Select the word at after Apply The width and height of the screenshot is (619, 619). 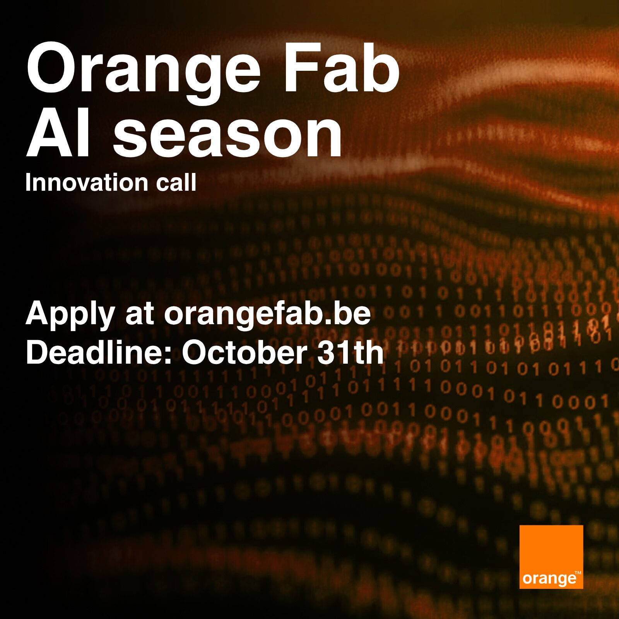pos(140,315)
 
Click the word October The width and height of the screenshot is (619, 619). pos(245,352)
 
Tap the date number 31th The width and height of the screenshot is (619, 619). pos(351,352)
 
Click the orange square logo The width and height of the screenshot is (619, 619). pos(551,557)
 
